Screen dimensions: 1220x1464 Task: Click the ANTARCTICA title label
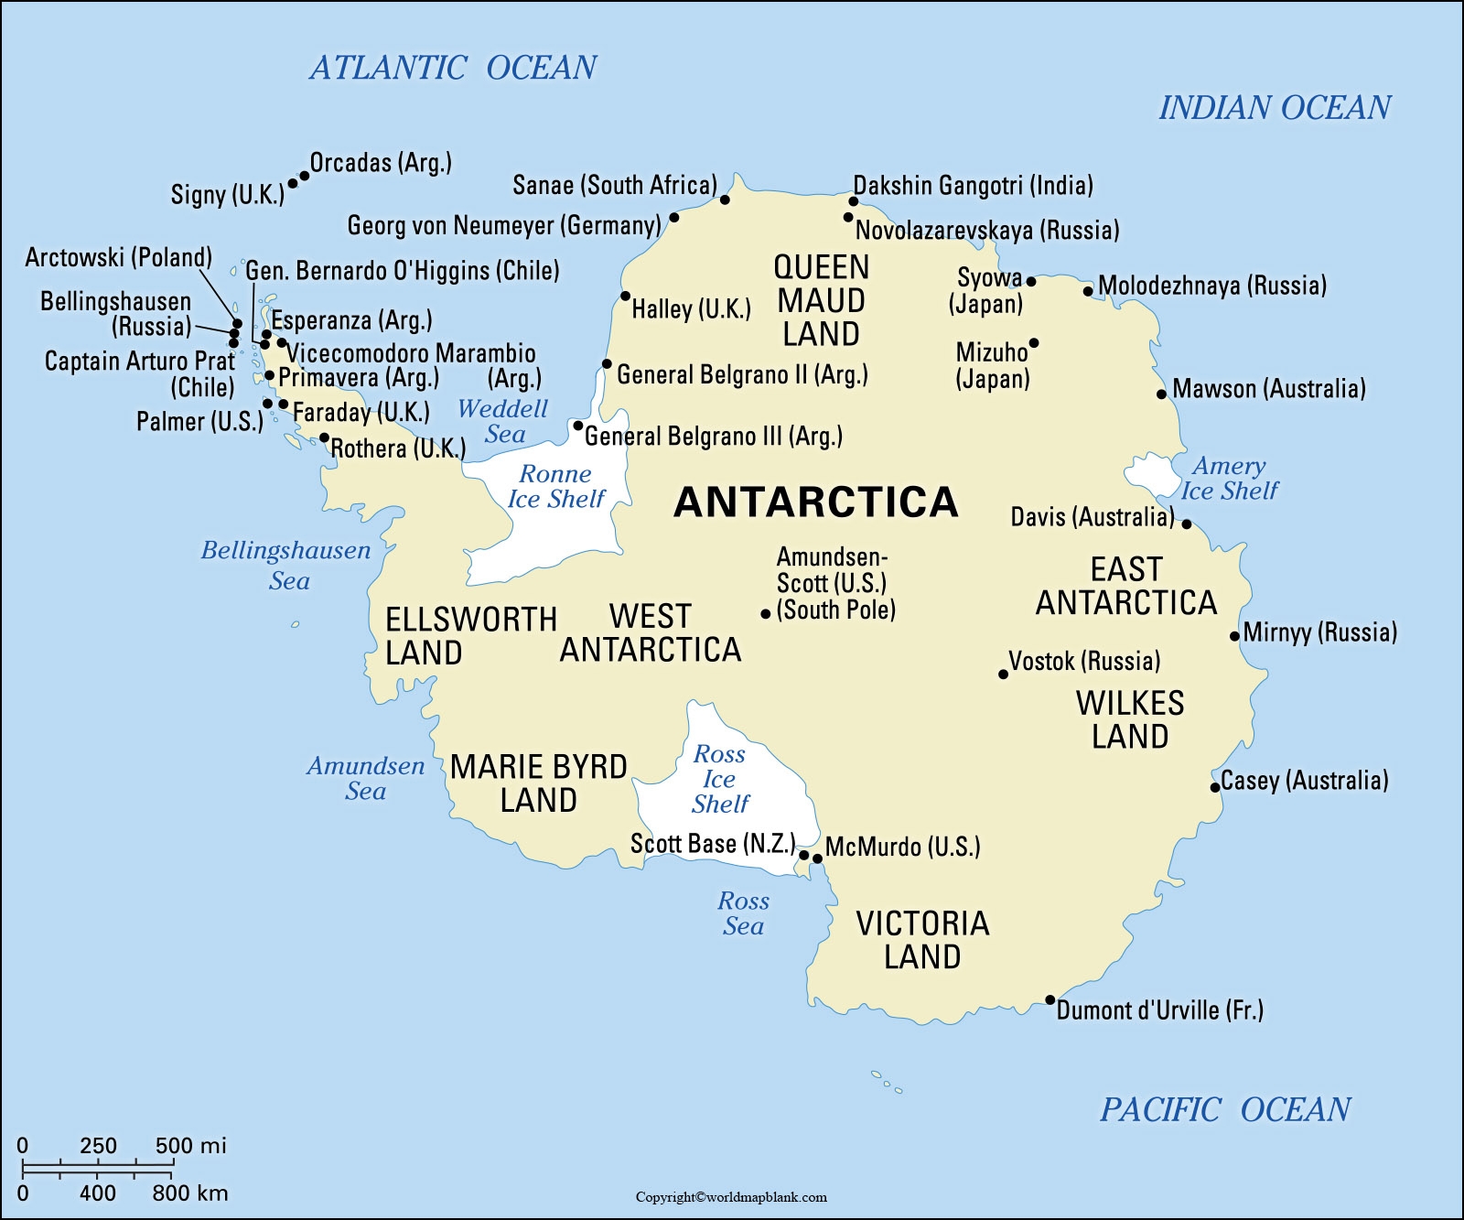[815, 502]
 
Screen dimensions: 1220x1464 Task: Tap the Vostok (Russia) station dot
[1004, 675]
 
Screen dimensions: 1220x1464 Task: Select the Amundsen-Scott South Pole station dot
[766, 614]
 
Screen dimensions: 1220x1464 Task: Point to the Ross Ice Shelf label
[719, 779]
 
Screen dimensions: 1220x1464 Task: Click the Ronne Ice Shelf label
[555, 487]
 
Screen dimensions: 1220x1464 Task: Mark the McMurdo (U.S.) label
[902, 847]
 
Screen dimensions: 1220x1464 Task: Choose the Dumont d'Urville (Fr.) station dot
[1050, 1000]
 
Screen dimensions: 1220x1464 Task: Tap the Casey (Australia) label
[1304, 781]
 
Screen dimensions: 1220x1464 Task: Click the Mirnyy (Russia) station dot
[1235, 636]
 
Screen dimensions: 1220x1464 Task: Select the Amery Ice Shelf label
[1229, 479]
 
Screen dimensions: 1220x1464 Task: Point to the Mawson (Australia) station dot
[1162, 394]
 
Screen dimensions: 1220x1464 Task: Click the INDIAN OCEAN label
[1275, 108]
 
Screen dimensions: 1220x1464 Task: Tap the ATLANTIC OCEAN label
[453, 68]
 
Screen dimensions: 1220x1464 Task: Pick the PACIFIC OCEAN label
[1224, 1109]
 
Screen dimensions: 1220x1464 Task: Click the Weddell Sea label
[503, 421]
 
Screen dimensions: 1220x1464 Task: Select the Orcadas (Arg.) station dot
[305, 176]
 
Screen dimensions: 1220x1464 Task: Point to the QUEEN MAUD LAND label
[821, 300]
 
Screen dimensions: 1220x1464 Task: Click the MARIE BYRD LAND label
[538, 783]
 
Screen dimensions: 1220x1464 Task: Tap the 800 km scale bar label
[189, 1193]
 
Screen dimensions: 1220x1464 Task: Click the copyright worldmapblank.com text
[731, 1197]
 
